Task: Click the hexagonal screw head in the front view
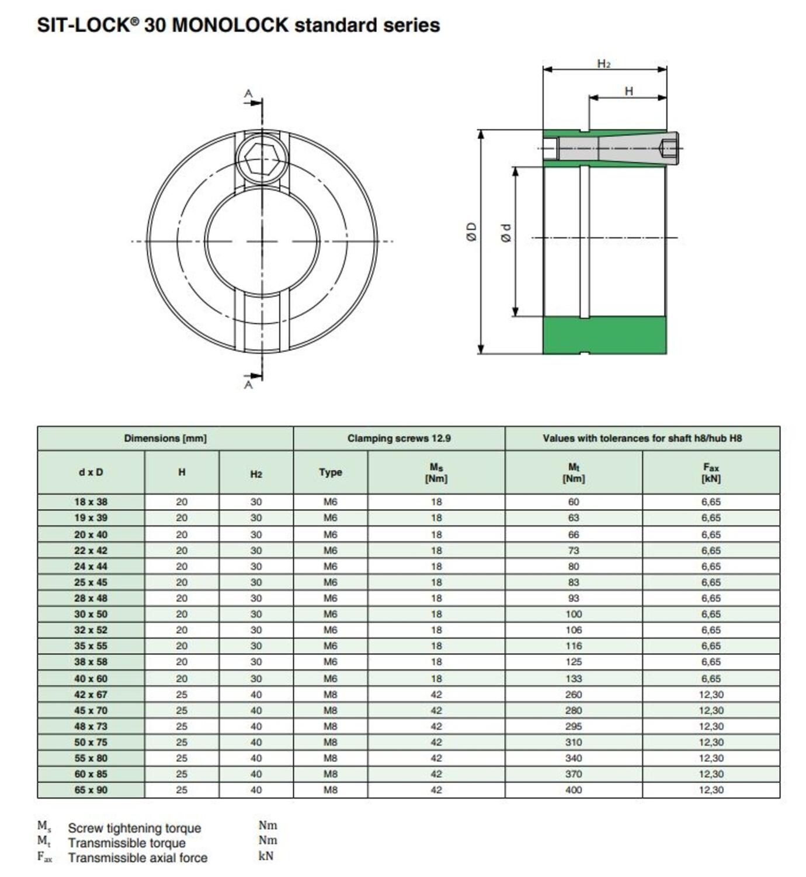(262, 158)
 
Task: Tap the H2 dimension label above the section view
(604, 64)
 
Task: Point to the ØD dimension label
(472, 232)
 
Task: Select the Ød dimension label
(506, 233)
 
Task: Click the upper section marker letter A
(249, 94)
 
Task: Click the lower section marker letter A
(249, 385)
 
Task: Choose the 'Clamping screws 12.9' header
(399, 438)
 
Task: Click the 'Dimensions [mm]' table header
(165, 438)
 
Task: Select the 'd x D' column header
(91, 472)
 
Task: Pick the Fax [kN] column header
(711, 472)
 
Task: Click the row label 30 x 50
(91, 614)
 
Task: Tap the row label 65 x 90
(91, 790)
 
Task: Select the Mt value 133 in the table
(574, 678)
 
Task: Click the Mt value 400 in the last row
(574, 790)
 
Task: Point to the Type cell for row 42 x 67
(330, 695)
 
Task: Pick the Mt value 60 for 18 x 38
(574, 502)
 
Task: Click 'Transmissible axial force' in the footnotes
(137, 858)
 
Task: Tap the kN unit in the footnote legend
(266, 856)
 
